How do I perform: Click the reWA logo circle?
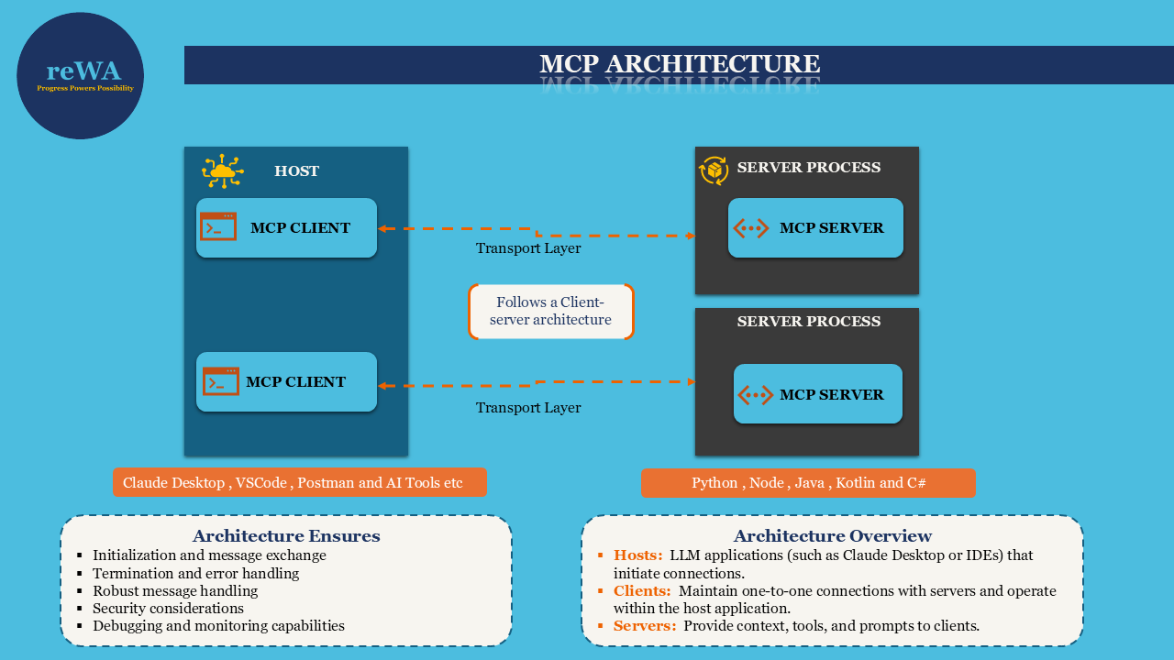click(x=81, y=76)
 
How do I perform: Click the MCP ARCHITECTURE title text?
click(x=679, y=64)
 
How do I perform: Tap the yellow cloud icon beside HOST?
click(x=222, y=171)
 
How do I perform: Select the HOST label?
click(x=296, y=171)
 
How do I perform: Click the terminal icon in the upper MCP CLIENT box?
click(x=218, y=227)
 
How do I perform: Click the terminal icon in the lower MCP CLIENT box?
click(x=220, y=381)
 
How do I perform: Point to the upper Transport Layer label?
click(x=527, y=248)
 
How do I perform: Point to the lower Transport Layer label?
click(x=527, y=408)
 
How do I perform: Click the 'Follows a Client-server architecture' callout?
click(x=550, y=312)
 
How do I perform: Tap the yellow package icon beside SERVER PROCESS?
click(x=714, y=170)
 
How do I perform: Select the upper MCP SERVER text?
click(x=831, y=228)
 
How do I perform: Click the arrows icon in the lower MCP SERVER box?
click(x=755, y=395)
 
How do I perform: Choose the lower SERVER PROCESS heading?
click(x=808, y=322)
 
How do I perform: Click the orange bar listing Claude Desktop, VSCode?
click(x=299, y=483)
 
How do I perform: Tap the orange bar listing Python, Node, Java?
click(x=807, y=483)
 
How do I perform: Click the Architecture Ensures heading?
click(x=285, y=536)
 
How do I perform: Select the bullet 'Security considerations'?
click(x=168, y=609)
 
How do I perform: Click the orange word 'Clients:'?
click(x=642, y=591)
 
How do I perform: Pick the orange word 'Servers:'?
click(x=645, y=626)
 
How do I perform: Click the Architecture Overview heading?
click(x=832, y=536)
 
